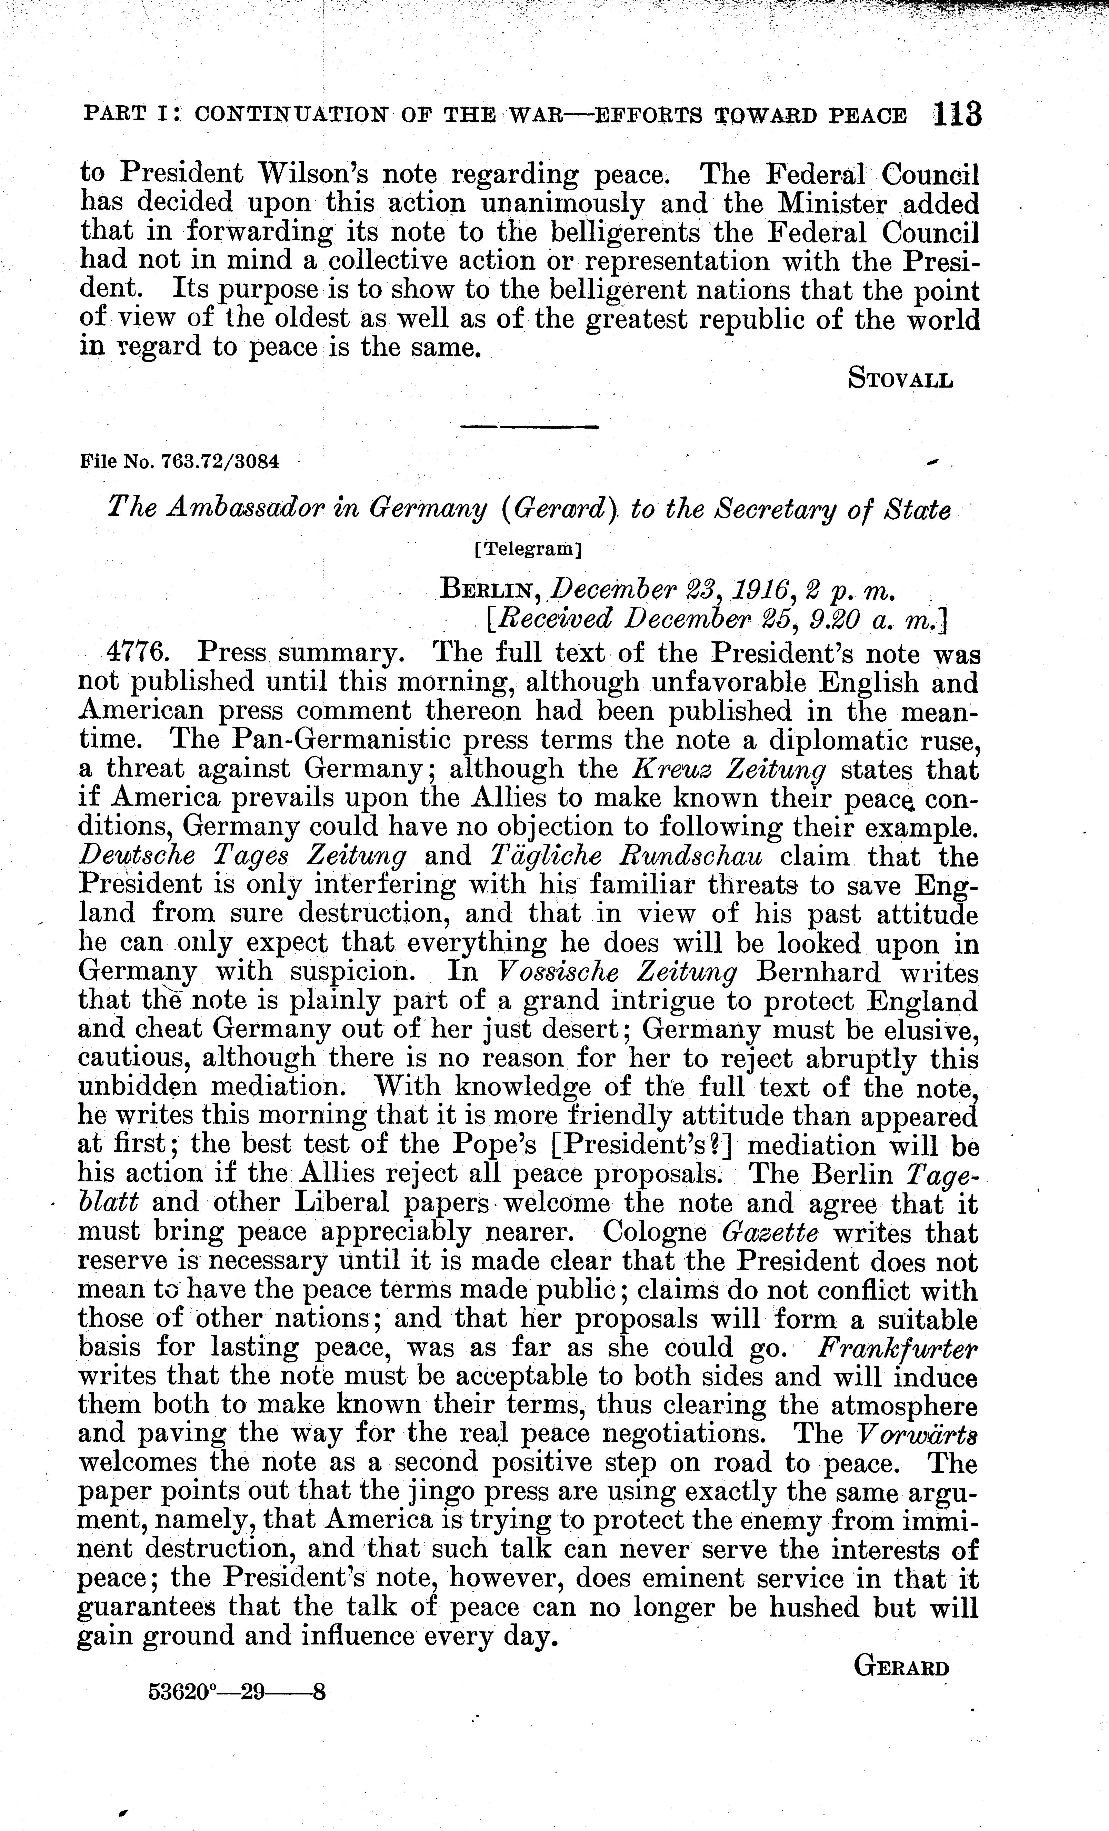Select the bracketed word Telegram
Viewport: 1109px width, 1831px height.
[x=528, y=551]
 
